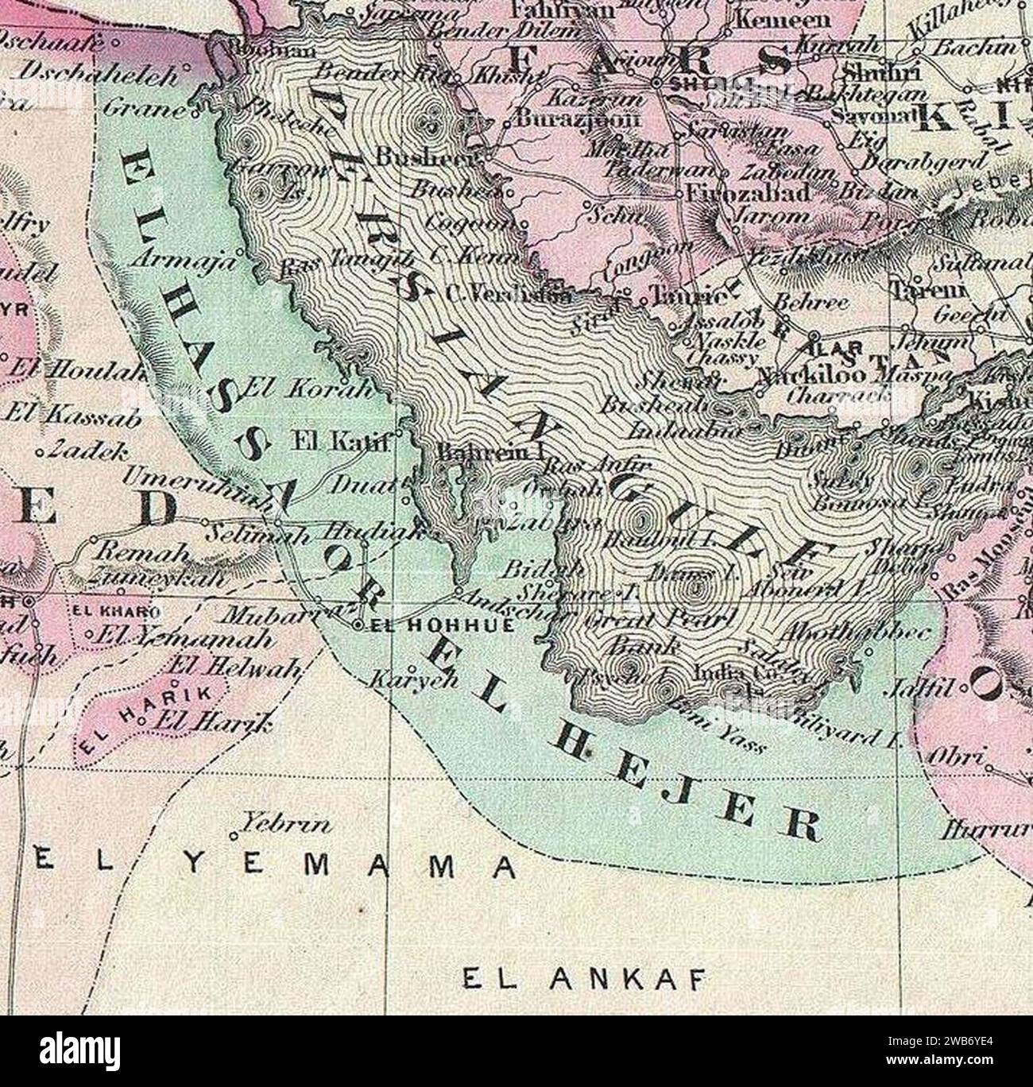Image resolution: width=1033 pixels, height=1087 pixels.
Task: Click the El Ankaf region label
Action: (x=584, y=979)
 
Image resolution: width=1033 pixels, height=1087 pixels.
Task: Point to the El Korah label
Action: (x=307, y=389)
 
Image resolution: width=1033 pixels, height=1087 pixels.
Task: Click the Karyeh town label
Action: (x=405, y=680)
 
